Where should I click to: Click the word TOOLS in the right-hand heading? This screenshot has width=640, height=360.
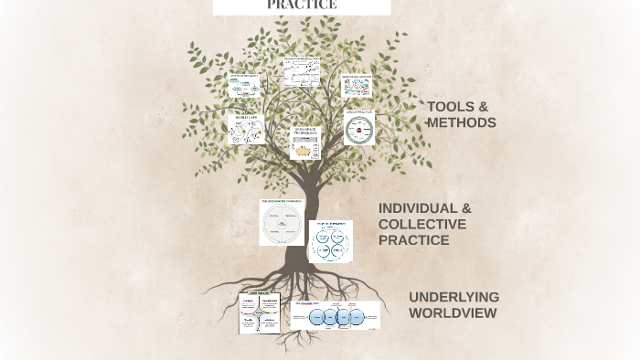coord(449,107)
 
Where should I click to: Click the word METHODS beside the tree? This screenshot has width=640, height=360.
coord(462,122)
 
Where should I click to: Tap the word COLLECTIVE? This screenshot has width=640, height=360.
coord(422,224)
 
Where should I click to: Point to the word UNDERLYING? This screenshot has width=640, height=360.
coord(453,297)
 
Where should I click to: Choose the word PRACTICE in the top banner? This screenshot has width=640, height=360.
coord(302,5)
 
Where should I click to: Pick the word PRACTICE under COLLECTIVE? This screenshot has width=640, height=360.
coord(413,240)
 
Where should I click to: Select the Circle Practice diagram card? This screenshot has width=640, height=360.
coord(359,127)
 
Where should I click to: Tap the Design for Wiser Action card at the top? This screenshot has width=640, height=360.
coord(301,71)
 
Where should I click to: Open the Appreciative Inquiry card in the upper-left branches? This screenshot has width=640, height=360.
coord(244,86)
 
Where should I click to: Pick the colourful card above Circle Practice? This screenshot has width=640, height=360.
coord(357,86)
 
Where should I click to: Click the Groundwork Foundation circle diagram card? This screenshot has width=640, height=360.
coord(281,223)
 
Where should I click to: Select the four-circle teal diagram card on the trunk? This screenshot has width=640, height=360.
coord(329,241)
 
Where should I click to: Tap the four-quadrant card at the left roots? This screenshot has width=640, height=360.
coord(260,312)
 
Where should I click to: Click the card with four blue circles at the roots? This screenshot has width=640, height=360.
coord(335,315)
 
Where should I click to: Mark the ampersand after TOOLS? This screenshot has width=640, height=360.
coord(483,107)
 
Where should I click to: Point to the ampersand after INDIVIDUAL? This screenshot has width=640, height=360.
coord(465,208)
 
